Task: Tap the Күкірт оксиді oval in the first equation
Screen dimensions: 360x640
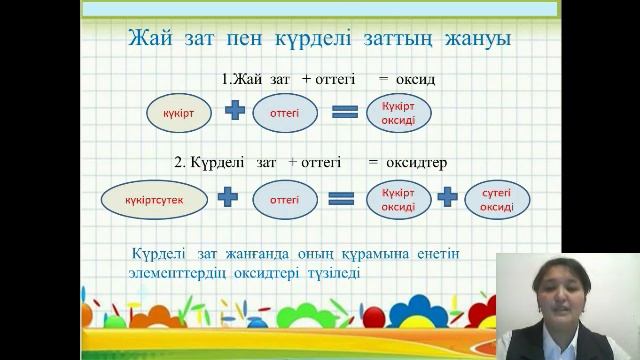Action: click(x=392, y=113)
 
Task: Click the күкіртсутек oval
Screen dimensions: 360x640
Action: click(x=154, y=198)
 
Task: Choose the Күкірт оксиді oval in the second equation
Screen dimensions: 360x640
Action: click(x=392, y=198)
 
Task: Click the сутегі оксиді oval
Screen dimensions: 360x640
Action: click(x=497, y=198)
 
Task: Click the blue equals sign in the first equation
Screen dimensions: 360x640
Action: click(x=344, y=113)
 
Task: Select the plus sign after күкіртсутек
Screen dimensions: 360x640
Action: click(x=228, y=198)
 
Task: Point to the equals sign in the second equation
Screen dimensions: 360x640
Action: click(x=342, y=198)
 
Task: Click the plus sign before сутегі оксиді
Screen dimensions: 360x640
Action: click(x=447, y=198)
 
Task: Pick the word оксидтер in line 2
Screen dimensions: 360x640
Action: click(x=414, y=160)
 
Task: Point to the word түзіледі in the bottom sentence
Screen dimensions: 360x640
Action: click(x=328, y=272)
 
